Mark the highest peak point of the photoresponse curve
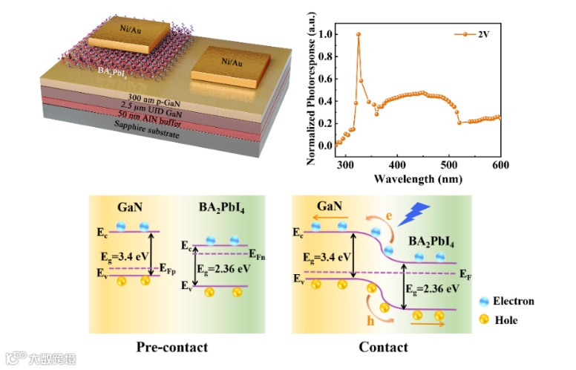pos(359,33)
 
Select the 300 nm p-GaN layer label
pos(154,97)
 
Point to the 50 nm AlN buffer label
pos(151,114)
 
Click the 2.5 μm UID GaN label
pos(153,106)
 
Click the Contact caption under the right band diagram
pos(383,346)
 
